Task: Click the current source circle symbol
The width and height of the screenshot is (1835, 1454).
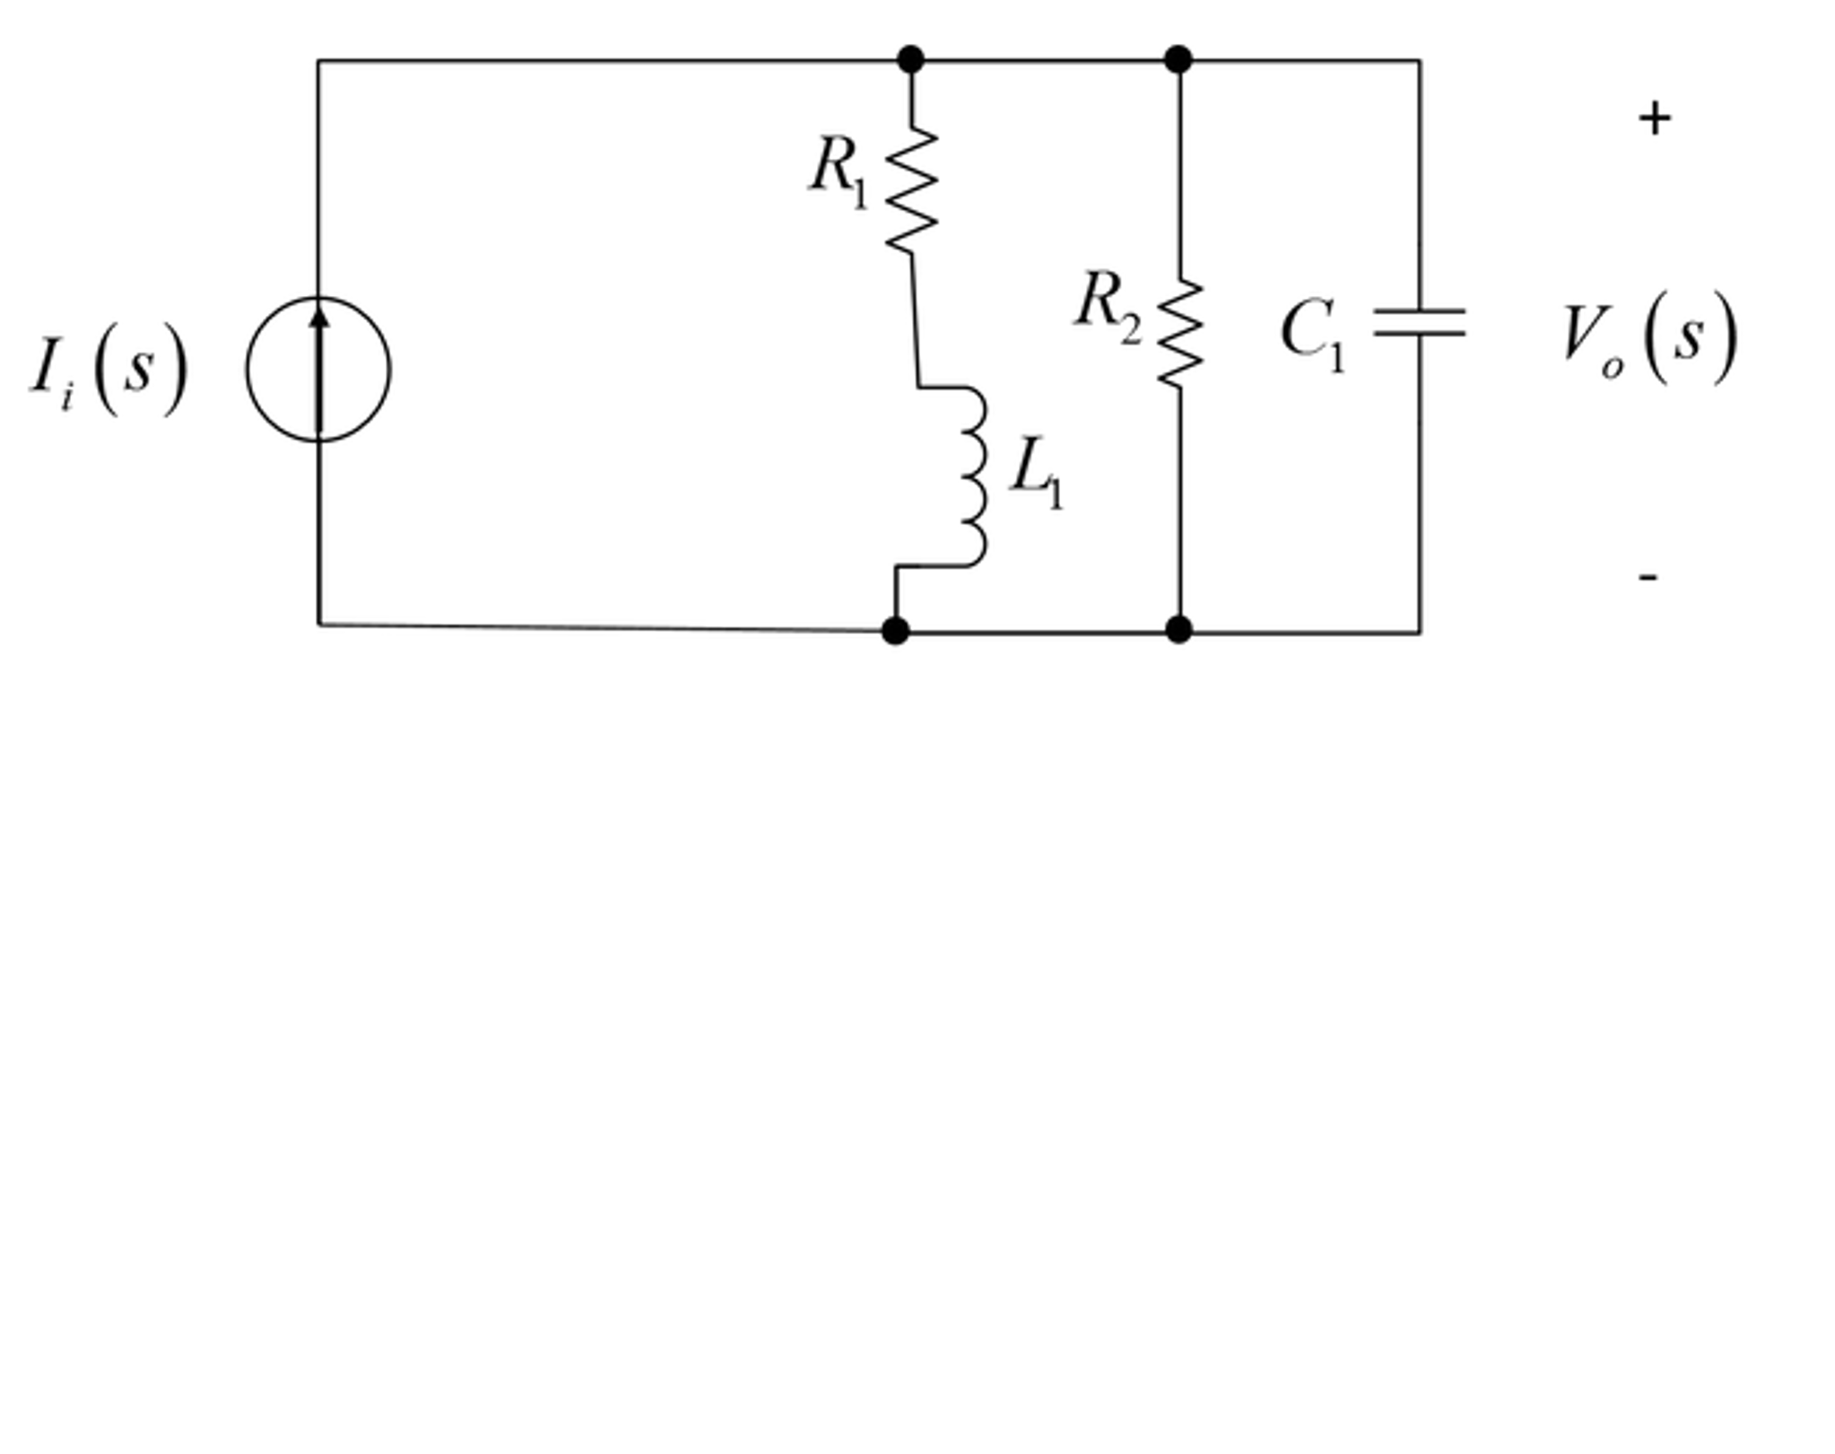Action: coord(318,369)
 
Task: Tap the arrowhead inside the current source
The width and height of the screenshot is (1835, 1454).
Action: coord(319,317)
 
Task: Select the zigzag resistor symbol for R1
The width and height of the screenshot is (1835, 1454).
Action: coord(912,189)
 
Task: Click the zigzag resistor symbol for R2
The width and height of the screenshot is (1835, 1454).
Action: coord(1179,334)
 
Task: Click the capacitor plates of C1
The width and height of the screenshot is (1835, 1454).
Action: coord(1420,322)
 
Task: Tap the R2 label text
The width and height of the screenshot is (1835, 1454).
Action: coord(1109,306)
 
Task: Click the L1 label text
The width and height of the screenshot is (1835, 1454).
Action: coord(1037,473)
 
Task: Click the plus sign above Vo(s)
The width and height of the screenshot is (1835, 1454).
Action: coord(1655,119)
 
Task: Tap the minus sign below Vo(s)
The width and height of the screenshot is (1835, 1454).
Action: coord(1648,577)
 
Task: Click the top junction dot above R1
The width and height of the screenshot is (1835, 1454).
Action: coord(910,60)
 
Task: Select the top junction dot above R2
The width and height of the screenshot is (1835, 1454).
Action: coord(1178,60)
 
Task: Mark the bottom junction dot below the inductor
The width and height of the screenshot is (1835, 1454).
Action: coord(895,631)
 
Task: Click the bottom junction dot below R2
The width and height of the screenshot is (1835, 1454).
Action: coord(1179,630)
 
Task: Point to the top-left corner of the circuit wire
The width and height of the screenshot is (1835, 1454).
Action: coord(317,61)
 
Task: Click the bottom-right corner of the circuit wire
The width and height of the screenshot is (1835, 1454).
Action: coord(1420,632)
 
